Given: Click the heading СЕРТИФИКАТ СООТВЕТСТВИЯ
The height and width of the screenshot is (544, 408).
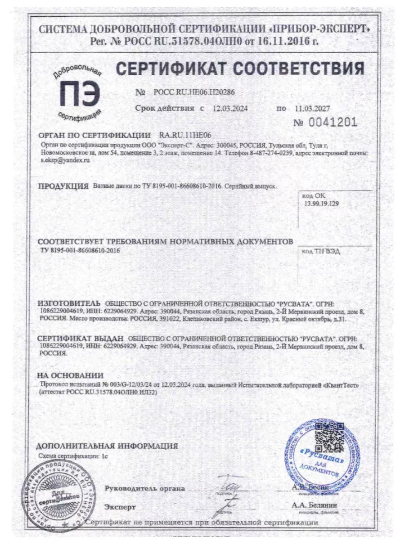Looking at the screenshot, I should click(x=240, y=69).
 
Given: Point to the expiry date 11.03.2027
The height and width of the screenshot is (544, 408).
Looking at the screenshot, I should click(x=312, y=109).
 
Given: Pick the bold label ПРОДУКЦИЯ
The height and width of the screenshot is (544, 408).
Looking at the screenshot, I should click(x=63, y=186).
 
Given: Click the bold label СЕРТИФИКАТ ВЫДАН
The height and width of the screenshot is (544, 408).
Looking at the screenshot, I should click(x=80, y=339).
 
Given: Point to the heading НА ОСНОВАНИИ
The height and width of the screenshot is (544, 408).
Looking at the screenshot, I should click(x=70, y=375).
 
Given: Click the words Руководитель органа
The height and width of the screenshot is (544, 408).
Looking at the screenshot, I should click(x=145, y=488).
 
